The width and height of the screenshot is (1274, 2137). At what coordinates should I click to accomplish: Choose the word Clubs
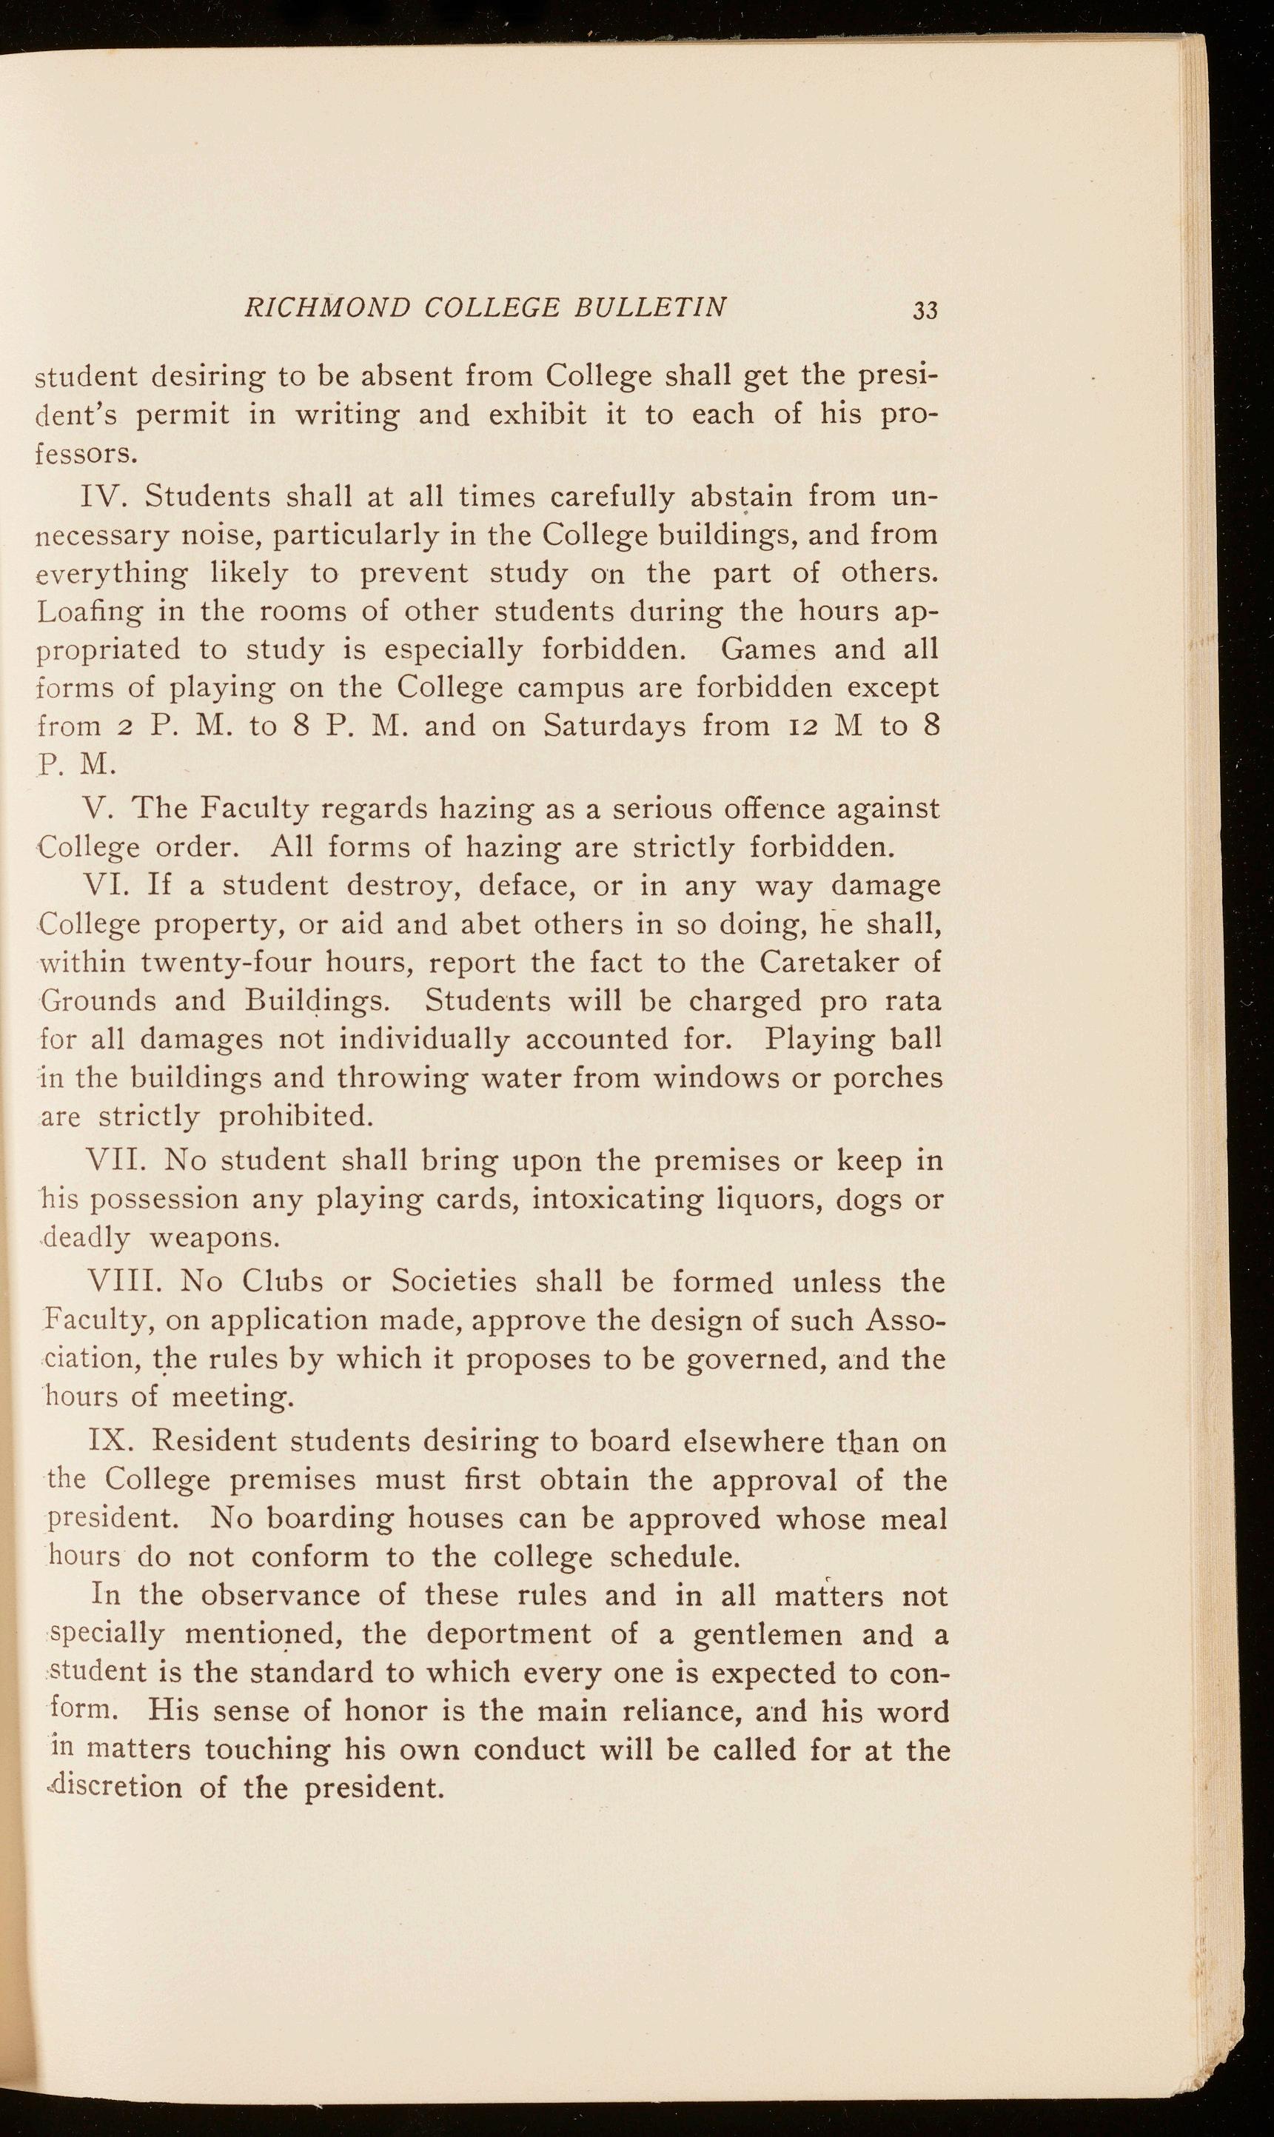click(283, 1281)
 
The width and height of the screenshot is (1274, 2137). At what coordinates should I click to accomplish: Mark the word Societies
click(454, 1281)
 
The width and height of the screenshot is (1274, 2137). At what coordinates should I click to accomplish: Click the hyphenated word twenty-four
click(209, 963)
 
